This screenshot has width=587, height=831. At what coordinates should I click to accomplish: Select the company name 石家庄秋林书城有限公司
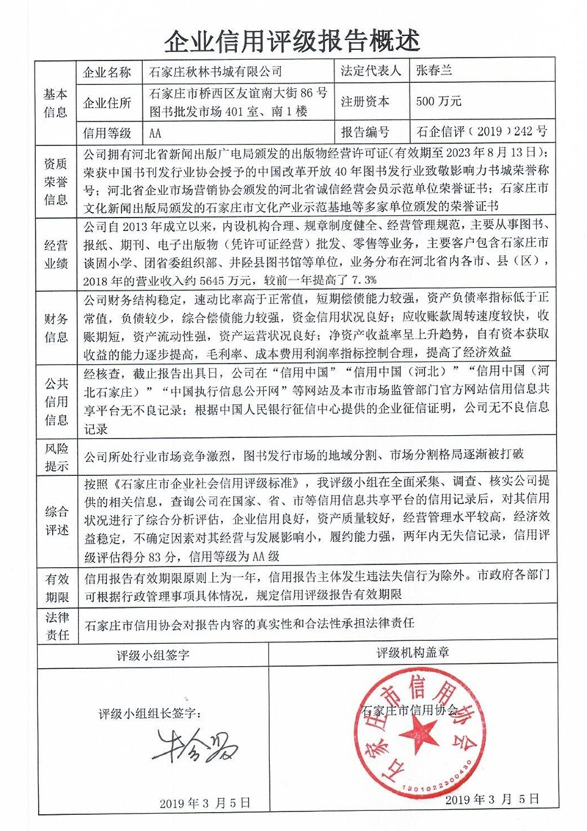click(216, 73)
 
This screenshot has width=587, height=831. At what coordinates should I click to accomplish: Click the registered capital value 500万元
click(438, 103)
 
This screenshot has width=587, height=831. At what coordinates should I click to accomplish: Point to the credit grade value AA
click(155, 133)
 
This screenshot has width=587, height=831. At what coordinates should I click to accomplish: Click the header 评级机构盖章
click(412, 652)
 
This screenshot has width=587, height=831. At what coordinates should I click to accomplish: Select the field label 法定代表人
click(366, 73)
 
